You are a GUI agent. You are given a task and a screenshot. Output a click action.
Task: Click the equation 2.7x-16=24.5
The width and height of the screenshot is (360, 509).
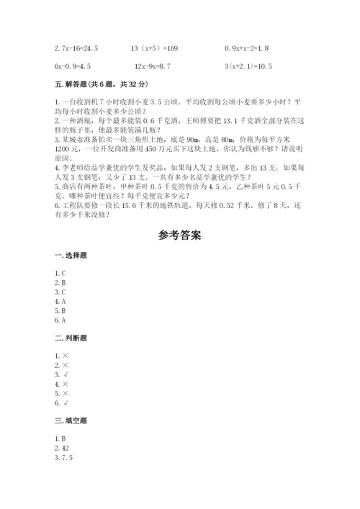pyautogui.click(x=76, y=48)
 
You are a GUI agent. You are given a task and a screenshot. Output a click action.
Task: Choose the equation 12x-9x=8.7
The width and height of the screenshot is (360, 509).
pyautogui.click(x=153, y=66)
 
